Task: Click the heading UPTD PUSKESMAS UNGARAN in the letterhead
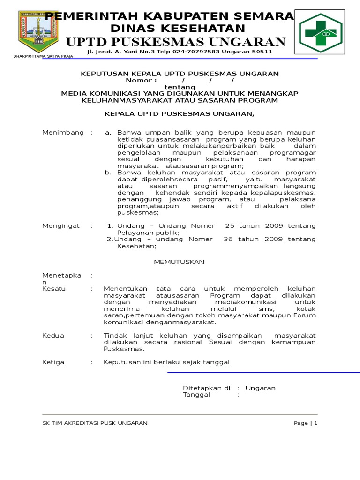[x=176, y=42]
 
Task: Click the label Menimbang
[x=63, y=133]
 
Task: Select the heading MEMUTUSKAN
[x=180, y=262]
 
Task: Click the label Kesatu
[x=54, y=289]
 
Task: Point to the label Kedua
[x=53, y=336]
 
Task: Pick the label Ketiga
[x=53, y=362]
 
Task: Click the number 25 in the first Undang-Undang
[x=229, y=226]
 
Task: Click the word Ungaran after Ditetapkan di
[x=260, y=388]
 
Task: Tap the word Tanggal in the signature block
[x=196, y=395]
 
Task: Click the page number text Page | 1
[x=306, y=423]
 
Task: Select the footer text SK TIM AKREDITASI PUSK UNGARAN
[x=95, y=423]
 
